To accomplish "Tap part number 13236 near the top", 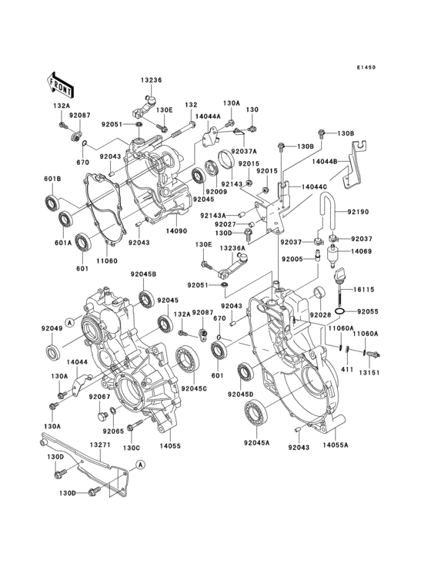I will tap(152, 80).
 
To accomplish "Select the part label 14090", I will tap(177, 230).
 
